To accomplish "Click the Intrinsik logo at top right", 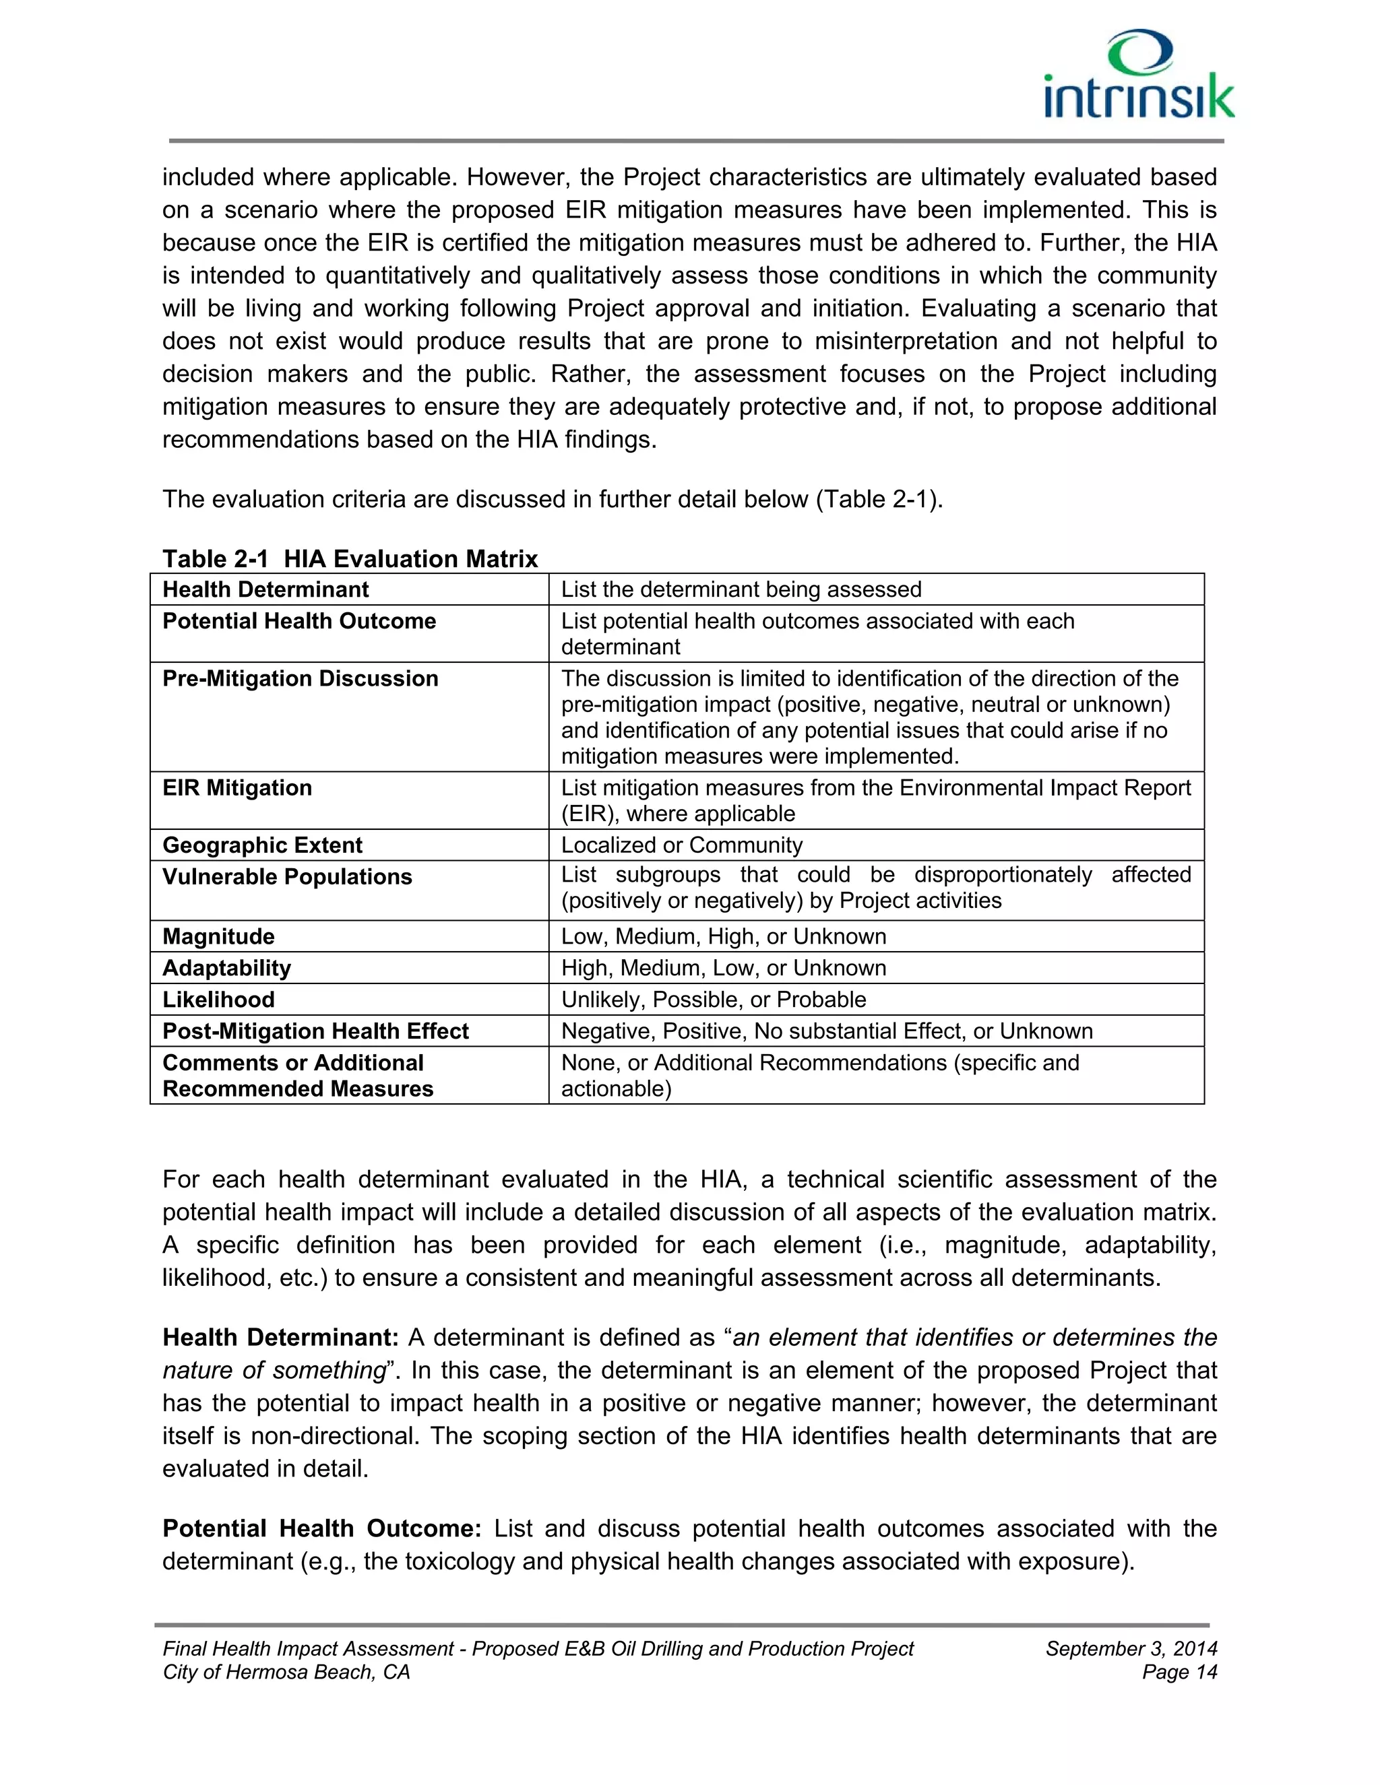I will point(1139,75).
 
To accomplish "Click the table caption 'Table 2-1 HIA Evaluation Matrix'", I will point(350,559).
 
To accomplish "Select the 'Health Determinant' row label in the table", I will point(265,589).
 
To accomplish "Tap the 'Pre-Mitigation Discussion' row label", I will point(300,678).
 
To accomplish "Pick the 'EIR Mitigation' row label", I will point(237,788).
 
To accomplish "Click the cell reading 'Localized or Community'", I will point(681,845).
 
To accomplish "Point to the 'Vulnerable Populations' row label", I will point(287,877).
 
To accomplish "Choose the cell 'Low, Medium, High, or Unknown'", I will point(723,937).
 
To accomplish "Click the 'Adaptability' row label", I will point(226,969).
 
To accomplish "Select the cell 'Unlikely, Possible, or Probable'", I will point(713,1000).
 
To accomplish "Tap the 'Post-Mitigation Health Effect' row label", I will point(315,1031).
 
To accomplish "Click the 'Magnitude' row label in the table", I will point(218,937).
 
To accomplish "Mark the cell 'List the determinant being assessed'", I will point(741,589).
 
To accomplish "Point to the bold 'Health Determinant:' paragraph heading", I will point(280,1338).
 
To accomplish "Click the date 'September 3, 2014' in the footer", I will point(1131,1648).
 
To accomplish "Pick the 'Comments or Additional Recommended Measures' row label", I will point(298,1076).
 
